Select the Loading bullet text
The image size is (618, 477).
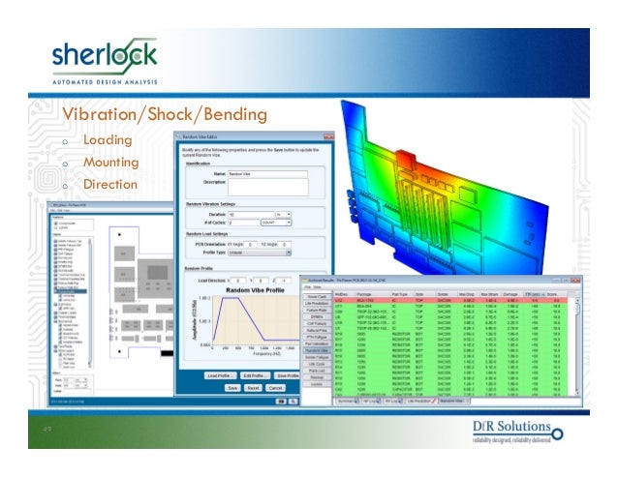tap(107, 140)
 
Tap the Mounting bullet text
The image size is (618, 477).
tap(110, 163)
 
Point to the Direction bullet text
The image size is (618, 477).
tap(110, 184)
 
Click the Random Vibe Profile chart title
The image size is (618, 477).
tap(253, 289)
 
